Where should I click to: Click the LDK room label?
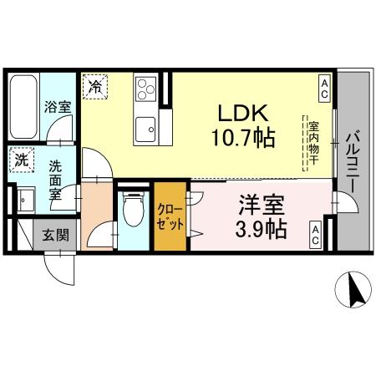pos(243,113)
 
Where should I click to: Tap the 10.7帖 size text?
pos(243,137)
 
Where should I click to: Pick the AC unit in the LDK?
pos(323,86)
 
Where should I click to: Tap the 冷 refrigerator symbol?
pos(94,85)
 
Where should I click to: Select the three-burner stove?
pos(146,89)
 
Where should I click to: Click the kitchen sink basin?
pos(146,128)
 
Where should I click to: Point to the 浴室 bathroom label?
pos(57,107)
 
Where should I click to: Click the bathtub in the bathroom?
pos(24,109)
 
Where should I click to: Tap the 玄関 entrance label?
pos(55,235)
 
